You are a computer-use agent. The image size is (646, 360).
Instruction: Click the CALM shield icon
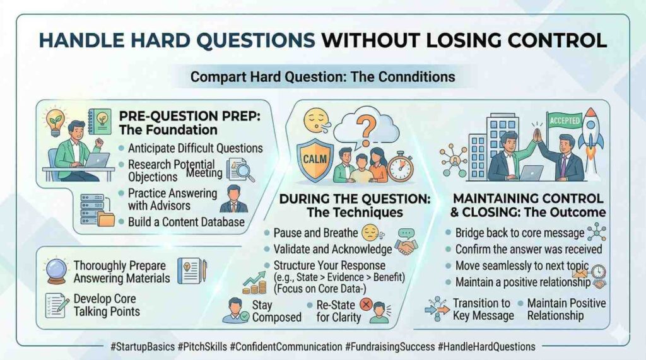coord(315,160)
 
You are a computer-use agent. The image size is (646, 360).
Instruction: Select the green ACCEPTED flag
coord(564,120)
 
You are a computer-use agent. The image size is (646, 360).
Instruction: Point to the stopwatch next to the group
coord(400,167)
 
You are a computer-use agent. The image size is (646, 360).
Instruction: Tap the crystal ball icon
coord(57,270)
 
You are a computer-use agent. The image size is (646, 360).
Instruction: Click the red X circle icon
coord(365,305)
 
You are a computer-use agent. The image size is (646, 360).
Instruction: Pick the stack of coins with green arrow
coord(254,283)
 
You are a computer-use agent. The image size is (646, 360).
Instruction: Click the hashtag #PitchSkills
coord(203,347)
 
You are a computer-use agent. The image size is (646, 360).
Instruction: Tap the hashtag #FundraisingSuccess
coord(390,347)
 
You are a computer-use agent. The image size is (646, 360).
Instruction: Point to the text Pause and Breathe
coord(315,233)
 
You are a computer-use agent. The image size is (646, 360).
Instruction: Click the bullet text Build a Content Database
coord(186,222)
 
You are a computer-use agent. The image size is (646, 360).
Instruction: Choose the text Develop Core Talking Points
coord(107,305)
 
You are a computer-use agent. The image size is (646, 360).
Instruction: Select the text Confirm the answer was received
coord(529,249)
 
